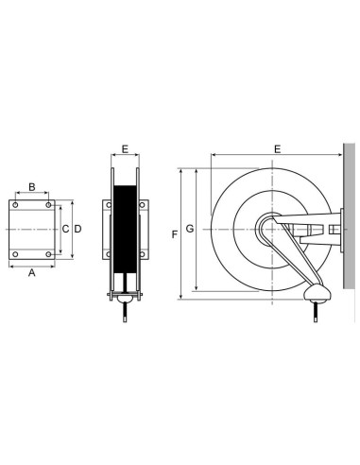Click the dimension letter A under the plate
[x=32, y=274]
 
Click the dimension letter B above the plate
[x=32, y=187]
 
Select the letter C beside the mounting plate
[x=65, y=229]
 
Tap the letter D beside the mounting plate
[x=78, y=229]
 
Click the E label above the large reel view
[x=277, y=149]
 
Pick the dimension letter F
[x=174, y=232]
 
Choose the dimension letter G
[x=190, y=229]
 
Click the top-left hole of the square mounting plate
[x=16, y=204]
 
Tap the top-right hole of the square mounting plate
[x=48, y=204]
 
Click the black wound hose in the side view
[x=125, y=232]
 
